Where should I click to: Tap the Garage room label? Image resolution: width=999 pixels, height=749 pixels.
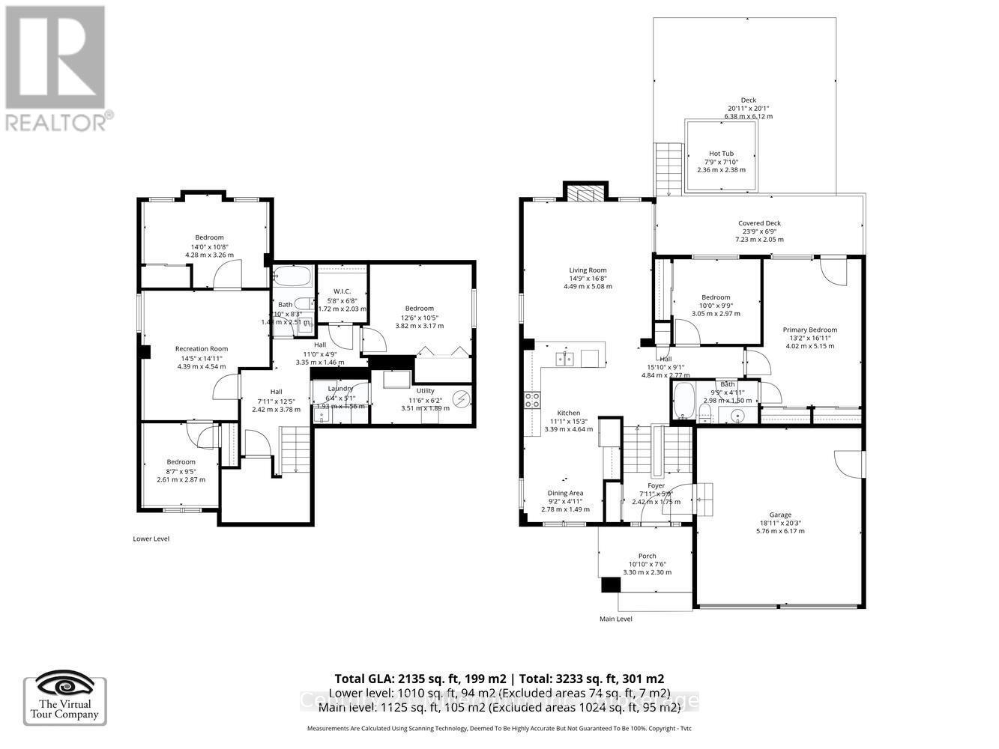click(x=780, y=515)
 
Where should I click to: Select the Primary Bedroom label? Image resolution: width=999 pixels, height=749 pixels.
click(x=809, y=330)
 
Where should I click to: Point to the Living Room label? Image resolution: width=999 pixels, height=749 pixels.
click(x=588, y=270)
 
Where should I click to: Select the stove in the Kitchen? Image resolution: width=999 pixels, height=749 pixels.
click(x=532, y=400)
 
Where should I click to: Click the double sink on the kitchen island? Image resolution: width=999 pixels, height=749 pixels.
click(x=566, y=360)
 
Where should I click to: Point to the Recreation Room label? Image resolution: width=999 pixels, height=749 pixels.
click(x=201, y=349)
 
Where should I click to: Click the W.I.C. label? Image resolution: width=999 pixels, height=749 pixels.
click(x=340, y=291)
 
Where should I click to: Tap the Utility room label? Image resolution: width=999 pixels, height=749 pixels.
click(x=425, y=391)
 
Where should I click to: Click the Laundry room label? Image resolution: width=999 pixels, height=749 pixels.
click(x=339, y=389)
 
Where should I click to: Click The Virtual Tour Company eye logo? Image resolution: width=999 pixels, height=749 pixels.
click(x=65, y=685)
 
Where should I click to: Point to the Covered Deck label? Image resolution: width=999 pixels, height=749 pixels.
click(x=759, y=223)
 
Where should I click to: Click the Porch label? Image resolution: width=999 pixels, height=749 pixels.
click(x=647, y=555)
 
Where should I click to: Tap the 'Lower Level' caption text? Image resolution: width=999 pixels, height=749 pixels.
click(x=151, y=539)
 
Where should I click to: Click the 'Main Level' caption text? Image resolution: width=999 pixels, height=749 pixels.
click(x=616, y=619)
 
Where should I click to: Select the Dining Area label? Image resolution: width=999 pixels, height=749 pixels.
click(x=565, y=493)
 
